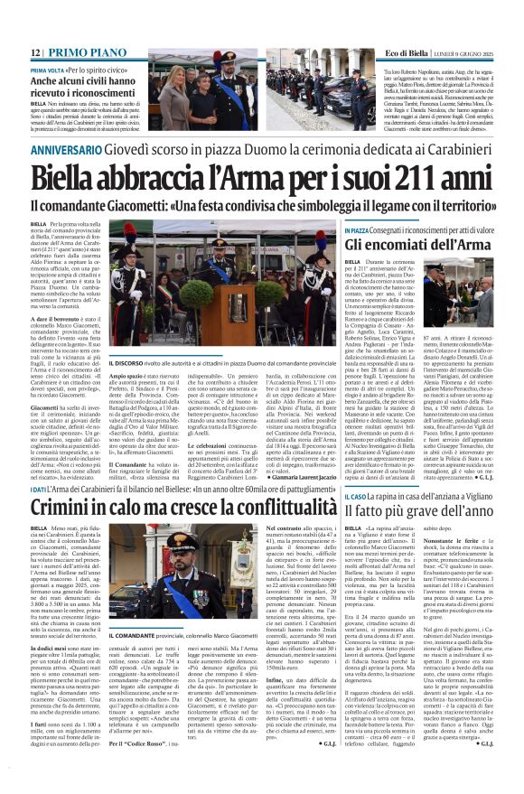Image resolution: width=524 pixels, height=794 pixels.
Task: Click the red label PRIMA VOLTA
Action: [49, 70]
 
